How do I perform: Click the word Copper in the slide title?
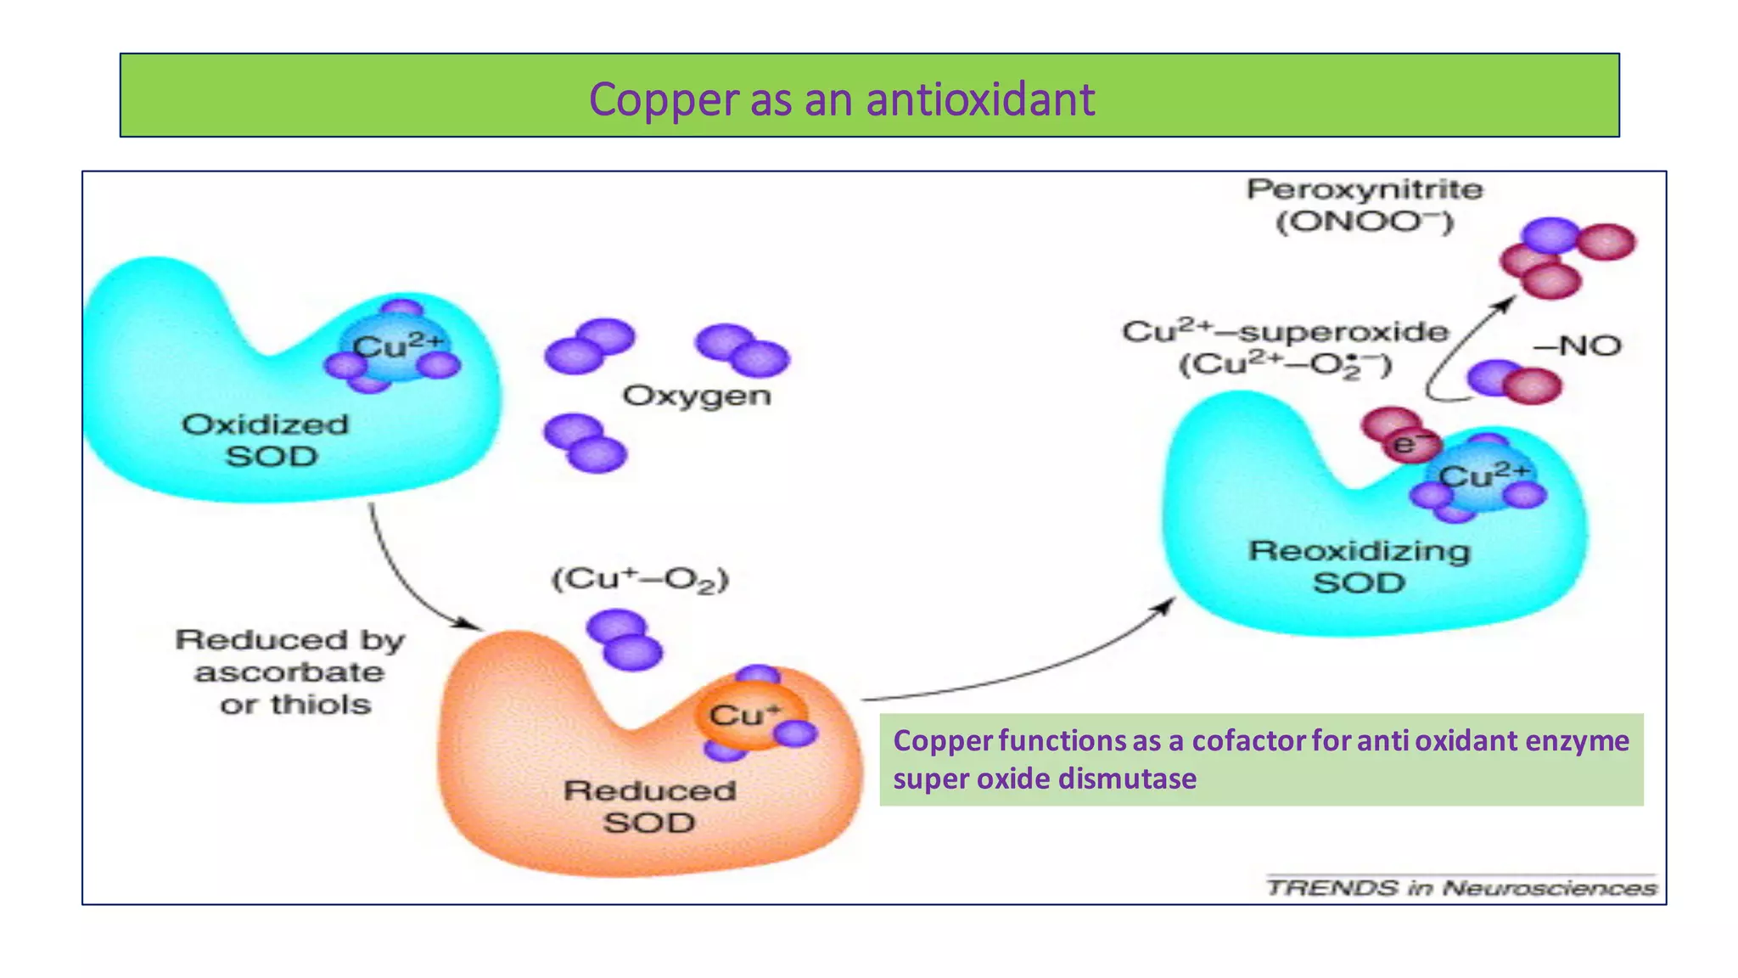pos(664,100)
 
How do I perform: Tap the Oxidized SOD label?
pos(266,440)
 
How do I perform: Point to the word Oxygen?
pos(697,396)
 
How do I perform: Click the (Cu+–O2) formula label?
pos(640,580)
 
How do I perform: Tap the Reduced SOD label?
pos(649,807)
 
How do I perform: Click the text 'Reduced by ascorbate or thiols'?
pos(290,672)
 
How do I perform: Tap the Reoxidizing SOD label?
pos(1359,566)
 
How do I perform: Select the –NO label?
pos(1578,346)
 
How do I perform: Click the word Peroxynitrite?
pos(1364,189)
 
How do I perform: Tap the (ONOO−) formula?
pos(1364,222)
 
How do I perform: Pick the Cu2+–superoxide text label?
pos(1284,332)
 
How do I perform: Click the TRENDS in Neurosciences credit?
pos(1460,888)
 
